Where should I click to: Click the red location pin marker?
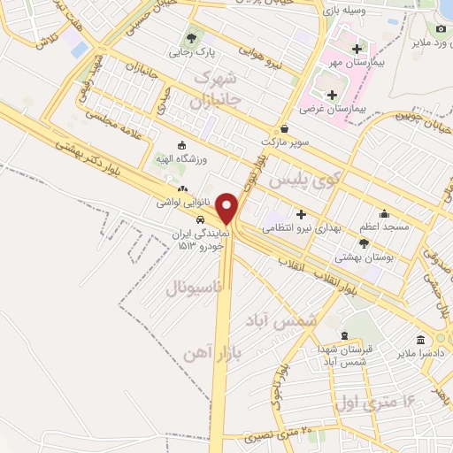click(x=227, y=208)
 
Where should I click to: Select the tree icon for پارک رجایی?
click(x=190, y=38)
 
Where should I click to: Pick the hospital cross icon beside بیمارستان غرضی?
click(x=333, y=96)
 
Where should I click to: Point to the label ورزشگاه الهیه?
click(x=182, y=157)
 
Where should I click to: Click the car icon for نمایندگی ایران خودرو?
click(x=201, y=219)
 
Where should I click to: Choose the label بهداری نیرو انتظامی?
click(x=303, y=228)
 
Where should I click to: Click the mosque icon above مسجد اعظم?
click(x=384, y=213)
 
